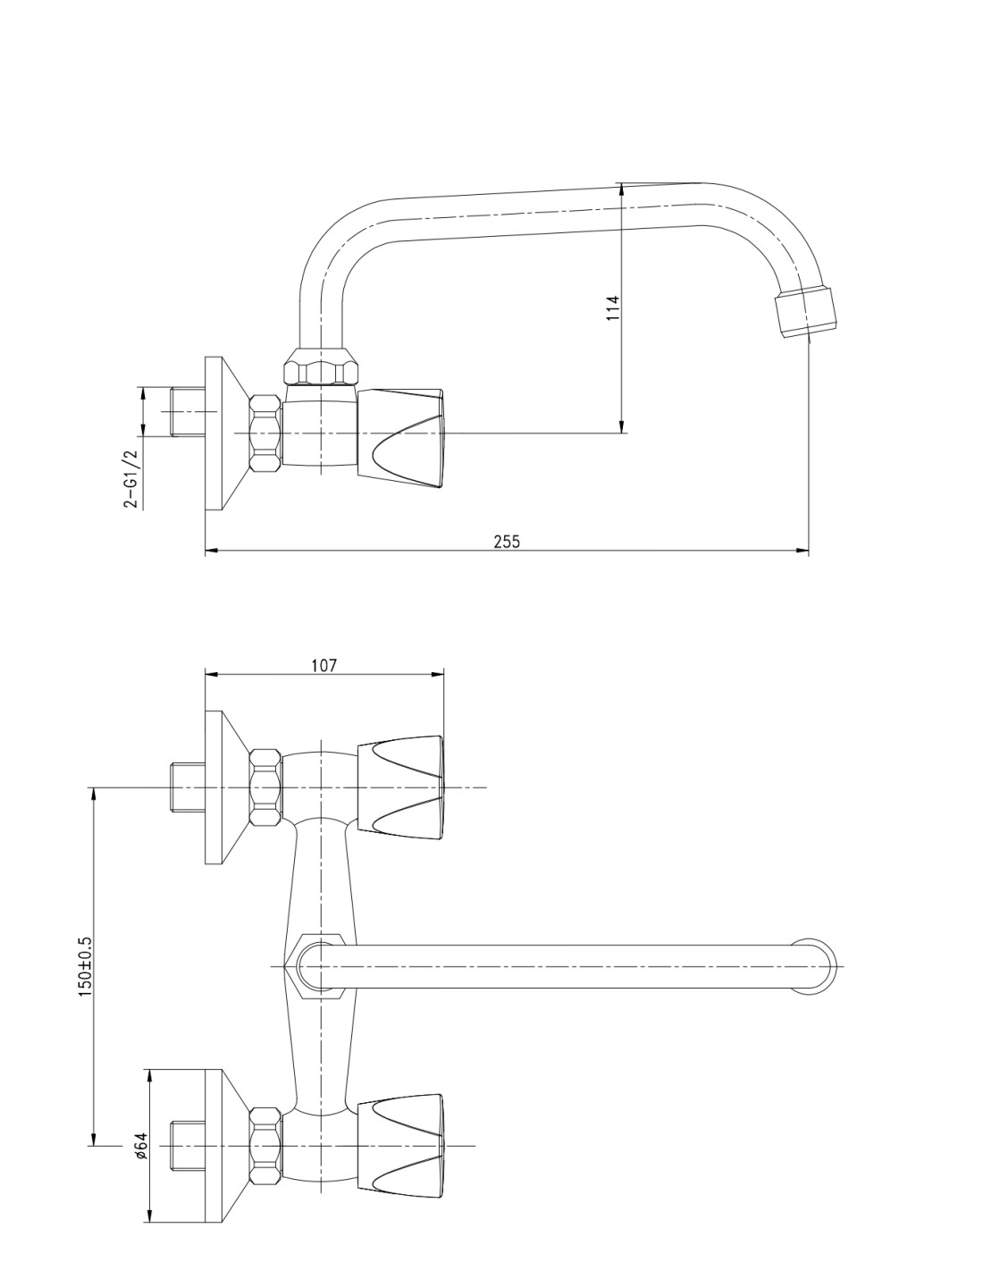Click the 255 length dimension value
click(x=507, y=542)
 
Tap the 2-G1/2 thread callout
click(x=131, y=478)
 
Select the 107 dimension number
click(x=324, y=666)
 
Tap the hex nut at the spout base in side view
click(x=321, y=367)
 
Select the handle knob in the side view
click(x=400, y=437)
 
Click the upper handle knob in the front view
click(x=400, y=787)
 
